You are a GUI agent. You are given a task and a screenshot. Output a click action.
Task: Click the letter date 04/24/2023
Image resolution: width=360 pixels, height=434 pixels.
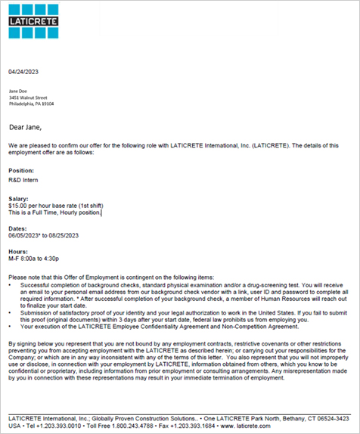tap(23, 71)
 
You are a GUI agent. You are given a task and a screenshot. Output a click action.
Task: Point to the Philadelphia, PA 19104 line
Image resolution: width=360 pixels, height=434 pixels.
tap(32, 104)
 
